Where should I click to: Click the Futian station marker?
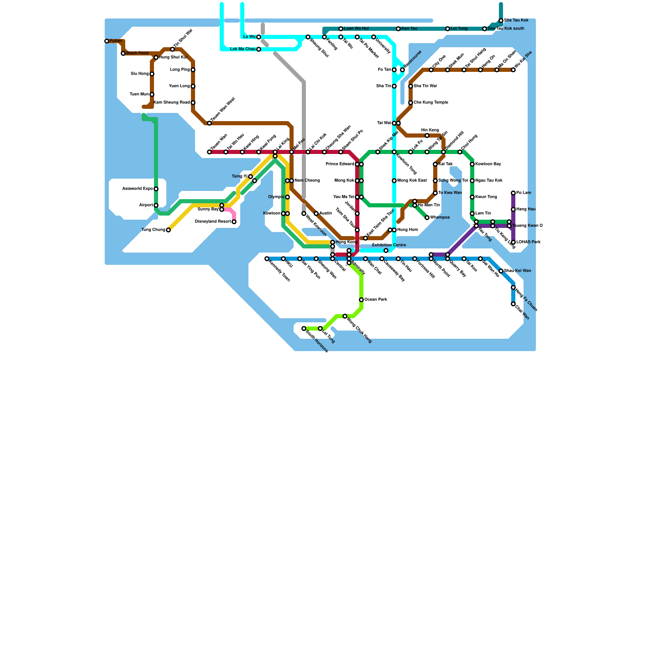point(107,41)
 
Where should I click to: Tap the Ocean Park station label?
point(376,300)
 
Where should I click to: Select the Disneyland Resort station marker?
point(234,222)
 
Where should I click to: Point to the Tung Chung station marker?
point(168,230)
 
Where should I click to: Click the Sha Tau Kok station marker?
point(501,21)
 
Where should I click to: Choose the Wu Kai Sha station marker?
point(513,70)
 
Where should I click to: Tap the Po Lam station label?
point(524,193)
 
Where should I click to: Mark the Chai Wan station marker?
point(513,304)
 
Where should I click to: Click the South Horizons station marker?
point(304,328)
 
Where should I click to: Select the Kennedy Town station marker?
point(267,259)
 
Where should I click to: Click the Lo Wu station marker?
point(259,37)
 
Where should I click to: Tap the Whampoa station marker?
point(427,218)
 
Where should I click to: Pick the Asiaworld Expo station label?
point(138,189)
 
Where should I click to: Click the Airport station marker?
point(156,205)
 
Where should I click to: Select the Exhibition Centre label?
point(389,245)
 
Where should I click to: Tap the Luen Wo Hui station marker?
point(341,29)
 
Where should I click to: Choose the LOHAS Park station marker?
point(513,242)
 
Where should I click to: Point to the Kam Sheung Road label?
point(172,103)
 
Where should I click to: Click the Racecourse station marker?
point(402,70)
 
